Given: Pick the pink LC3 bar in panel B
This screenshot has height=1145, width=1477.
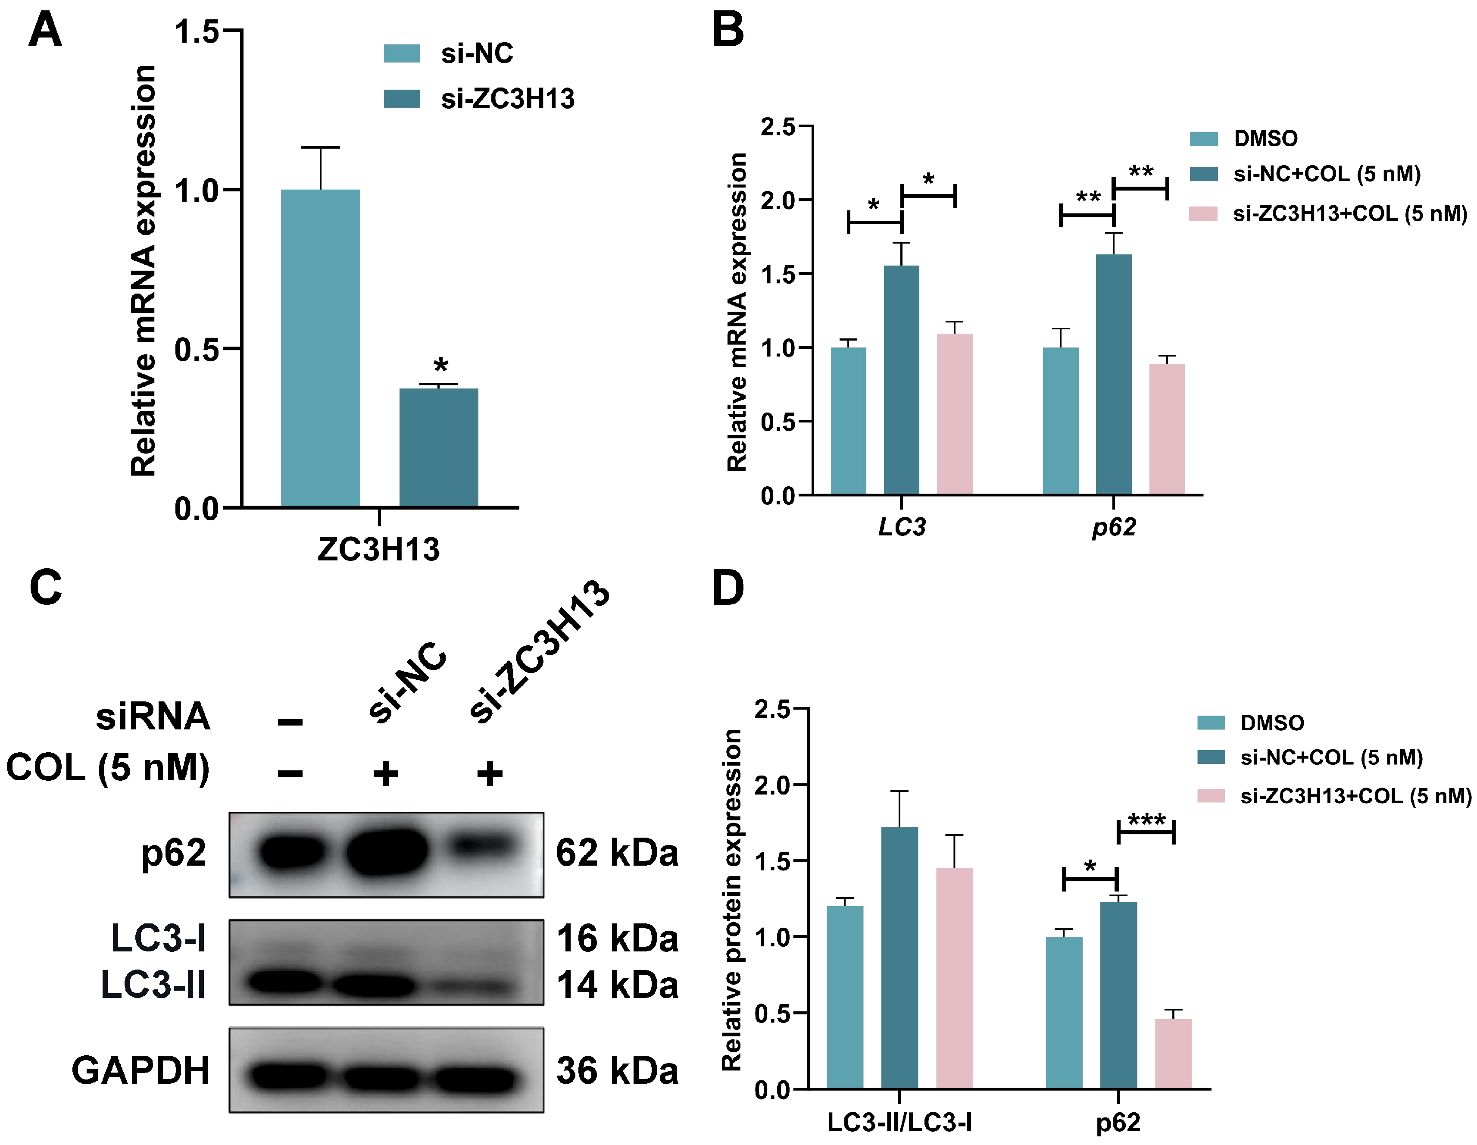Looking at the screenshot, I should (x=954, y=414).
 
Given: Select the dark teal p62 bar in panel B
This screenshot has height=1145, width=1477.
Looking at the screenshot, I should (x=1113, y=374).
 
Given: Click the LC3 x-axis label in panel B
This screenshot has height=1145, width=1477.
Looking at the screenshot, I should (x=902, y=526).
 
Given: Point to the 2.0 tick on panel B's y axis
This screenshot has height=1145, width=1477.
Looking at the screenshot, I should (x=778, y=200).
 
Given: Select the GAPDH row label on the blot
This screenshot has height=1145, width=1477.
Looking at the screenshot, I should (x=141, y=1070).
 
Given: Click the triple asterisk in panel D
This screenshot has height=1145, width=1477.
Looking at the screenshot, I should (x=1146, y=820).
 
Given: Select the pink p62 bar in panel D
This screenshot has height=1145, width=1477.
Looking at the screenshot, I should (x=1173, y=1053).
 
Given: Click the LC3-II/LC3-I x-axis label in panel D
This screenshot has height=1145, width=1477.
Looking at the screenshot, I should (x=899, y=1123).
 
